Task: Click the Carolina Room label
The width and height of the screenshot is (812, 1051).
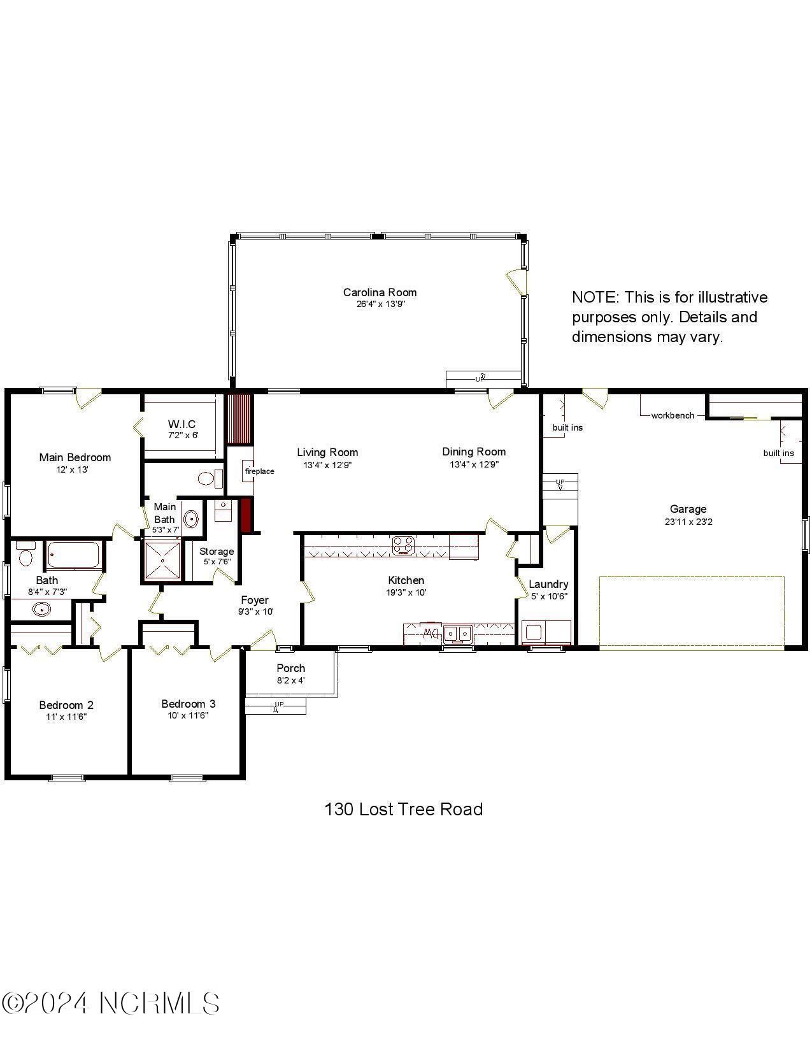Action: [380, 292]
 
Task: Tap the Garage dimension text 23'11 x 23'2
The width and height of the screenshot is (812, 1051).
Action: [688, 522]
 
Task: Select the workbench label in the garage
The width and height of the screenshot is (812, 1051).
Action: [673, 415]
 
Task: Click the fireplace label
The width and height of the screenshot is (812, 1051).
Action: [259, 471]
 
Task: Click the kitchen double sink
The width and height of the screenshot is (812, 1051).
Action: [458, 633]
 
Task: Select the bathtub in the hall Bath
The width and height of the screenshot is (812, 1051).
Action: [74, 555]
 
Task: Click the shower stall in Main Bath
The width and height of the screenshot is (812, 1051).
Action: [162, 561]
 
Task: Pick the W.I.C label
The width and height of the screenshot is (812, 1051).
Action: [182, 424]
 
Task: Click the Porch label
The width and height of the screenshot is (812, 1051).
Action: [290, 668]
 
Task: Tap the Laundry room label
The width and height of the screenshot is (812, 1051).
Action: [548, 584]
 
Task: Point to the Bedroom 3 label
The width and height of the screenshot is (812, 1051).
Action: [188, 704]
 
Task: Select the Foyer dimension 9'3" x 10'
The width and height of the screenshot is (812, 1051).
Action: [255, 611]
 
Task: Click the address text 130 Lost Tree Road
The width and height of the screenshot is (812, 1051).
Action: [404, 809]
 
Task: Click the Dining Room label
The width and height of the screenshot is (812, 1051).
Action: [474, 452]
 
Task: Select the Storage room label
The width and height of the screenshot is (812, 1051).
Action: [217, 551]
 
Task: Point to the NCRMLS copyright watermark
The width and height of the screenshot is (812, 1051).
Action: [111, 1003]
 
